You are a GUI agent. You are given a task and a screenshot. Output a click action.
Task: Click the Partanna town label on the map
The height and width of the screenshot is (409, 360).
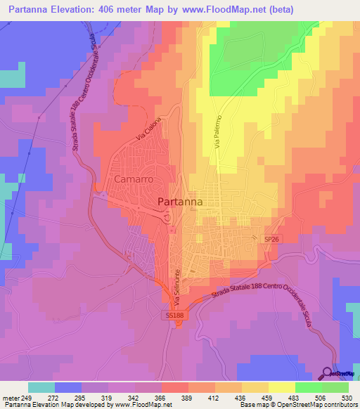pos(180,202)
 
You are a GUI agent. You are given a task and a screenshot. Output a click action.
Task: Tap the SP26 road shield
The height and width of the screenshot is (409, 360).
pos(271,239)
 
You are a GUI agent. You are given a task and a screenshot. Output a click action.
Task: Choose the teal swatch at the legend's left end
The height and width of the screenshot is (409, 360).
pos(41,387)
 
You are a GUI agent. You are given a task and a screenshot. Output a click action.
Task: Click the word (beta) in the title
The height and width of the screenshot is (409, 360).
pos(281,9)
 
